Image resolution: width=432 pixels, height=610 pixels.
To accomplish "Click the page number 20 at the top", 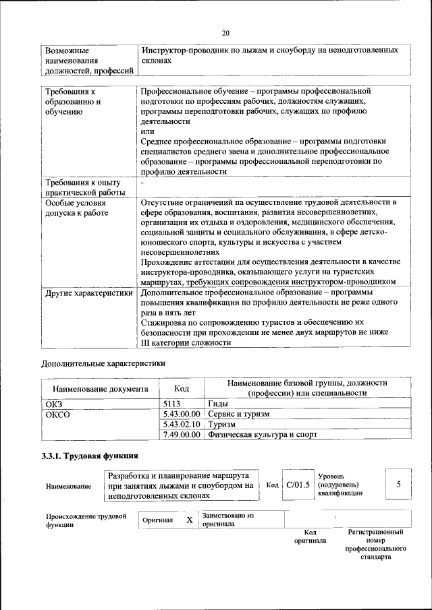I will coord(225,33).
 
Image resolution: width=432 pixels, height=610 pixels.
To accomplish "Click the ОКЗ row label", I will coord(53,403).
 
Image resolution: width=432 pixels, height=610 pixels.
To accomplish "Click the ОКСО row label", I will coord(57,414).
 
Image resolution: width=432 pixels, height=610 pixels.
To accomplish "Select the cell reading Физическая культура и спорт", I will coord(263,435).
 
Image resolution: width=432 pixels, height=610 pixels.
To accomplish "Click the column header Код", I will coord(182,388).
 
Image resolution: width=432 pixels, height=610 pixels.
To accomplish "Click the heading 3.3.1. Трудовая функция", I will coord(90,456).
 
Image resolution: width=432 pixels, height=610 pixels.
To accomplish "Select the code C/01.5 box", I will coord(297,485).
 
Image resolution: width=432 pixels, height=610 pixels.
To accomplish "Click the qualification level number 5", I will coord(399,484).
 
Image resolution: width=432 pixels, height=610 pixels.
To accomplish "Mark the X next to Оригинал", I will coord(190,520).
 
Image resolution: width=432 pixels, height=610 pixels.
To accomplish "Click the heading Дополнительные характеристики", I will coord(103,363).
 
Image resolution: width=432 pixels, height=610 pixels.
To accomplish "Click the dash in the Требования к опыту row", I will coord(142,183).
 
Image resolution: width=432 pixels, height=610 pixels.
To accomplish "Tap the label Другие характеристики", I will coord(88,293).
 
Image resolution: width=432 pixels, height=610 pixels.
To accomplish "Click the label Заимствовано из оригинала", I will coord(227,520).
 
